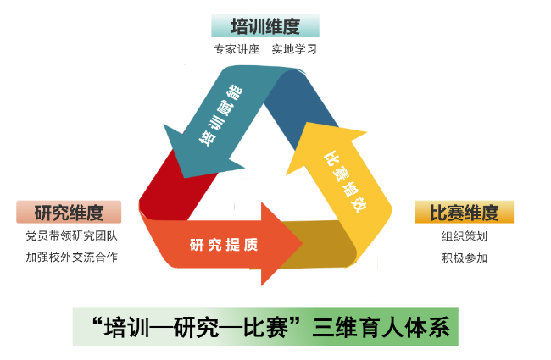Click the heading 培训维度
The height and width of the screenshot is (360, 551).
coord(265,26)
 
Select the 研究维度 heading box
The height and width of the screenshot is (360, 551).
coord(69,212)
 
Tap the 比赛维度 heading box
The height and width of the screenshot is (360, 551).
coord(464,212)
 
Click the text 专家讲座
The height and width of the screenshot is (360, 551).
coord(237,49)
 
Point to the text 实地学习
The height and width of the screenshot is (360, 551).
coord(294,49)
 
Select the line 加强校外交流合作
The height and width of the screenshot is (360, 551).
coord(71,257)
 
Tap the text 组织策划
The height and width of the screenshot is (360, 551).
coord(464,236)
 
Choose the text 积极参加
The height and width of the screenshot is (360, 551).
coord(464,258)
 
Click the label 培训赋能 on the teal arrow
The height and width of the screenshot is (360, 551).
coord(220,118)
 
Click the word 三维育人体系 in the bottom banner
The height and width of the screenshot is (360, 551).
coord(380,327)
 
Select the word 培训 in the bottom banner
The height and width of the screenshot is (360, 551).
coord(125,327)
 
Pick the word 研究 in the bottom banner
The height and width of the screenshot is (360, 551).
coord(196,327)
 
